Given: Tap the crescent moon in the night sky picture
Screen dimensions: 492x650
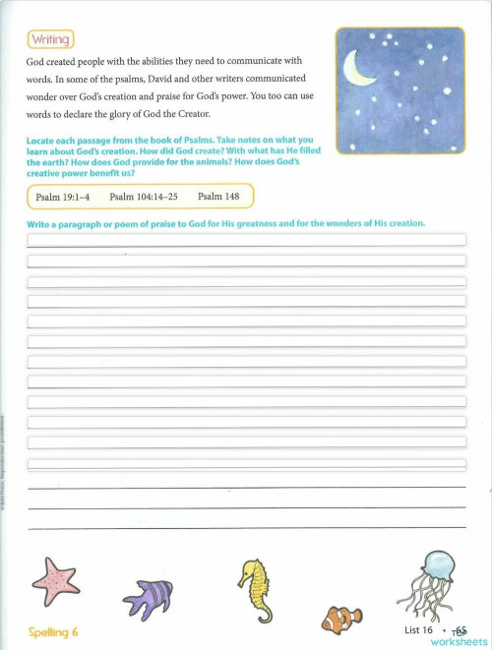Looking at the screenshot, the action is tap(355, 69).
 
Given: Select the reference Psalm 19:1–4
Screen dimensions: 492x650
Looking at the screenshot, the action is tap(63, 197).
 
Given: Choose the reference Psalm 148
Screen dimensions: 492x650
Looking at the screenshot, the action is tap(216, 197).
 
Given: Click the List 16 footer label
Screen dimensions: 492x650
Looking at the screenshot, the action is tap(418, 629).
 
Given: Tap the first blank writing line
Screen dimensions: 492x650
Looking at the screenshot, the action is tap(246, 239).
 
